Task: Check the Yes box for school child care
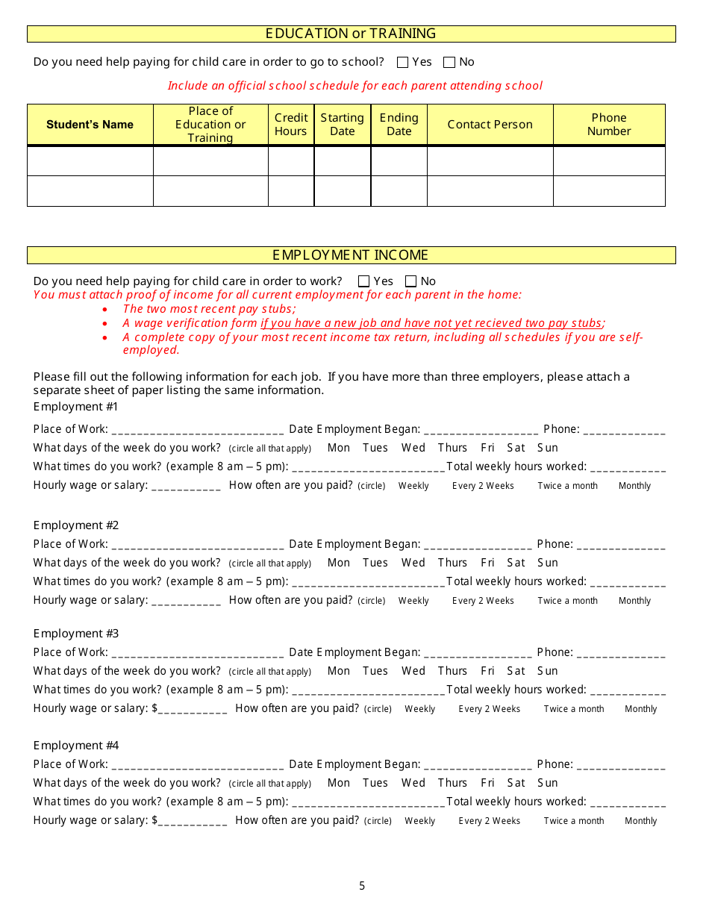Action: (403, 63)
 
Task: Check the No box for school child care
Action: (449, 63)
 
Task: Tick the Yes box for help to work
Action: (364, 281)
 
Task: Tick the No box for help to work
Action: (410, 281)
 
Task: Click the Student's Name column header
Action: (90, 125)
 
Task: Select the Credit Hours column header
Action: (291, 125)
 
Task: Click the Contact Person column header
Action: (490, 125)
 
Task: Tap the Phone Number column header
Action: (609, 125)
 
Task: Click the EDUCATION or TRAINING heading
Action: (351, 34)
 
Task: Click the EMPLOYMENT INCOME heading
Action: (351, 255)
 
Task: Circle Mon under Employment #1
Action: (339, 448)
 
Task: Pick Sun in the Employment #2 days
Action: (548, 563)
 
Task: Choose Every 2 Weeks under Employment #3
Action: (489, 709)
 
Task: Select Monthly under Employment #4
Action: (640, 821)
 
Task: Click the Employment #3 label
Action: (76, 634)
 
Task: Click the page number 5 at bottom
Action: (362, 886)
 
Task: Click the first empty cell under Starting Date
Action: (342, 161)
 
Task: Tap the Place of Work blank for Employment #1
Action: (197, 431)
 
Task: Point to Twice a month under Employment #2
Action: (567, 601)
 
